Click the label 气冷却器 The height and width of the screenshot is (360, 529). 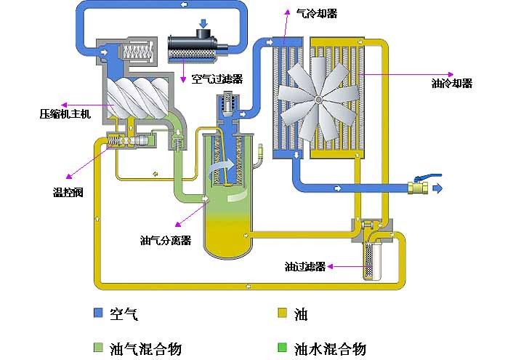point(318,13)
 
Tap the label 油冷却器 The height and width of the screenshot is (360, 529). point(452,84)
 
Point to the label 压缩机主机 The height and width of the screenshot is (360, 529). point(65,114)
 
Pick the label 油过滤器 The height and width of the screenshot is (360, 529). point(304,266)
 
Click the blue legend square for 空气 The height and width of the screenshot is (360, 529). point(98,314)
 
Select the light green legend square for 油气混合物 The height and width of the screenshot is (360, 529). point(98,348)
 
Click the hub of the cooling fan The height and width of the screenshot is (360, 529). point(318,100)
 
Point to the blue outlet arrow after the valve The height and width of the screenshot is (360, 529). point(437,188)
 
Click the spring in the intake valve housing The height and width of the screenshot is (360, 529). point(137,53)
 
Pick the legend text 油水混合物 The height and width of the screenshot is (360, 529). point(330,348)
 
